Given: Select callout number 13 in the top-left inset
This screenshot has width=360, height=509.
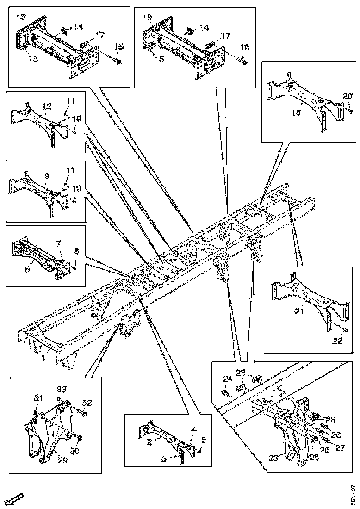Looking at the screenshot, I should [21, 17].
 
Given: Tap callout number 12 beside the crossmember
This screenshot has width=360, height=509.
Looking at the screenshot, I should [46, 106].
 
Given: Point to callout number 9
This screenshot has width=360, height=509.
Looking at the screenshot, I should [47, 176].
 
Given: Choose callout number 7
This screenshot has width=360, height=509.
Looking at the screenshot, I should [59, 243].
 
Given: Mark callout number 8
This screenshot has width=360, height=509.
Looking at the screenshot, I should [77, 251].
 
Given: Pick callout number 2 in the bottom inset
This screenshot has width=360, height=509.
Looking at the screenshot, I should [149, 442].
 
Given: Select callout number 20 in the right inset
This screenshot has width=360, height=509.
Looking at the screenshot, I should [347, 96].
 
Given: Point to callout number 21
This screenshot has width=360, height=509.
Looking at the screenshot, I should [298, 312].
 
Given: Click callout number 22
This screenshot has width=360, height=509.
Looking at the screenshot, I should [337, 341].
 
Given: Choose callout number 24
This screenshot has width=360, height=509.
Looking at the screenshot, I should [227, 379].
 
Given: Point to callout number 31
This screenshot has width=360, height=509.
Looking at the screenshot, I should [38, 398].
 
